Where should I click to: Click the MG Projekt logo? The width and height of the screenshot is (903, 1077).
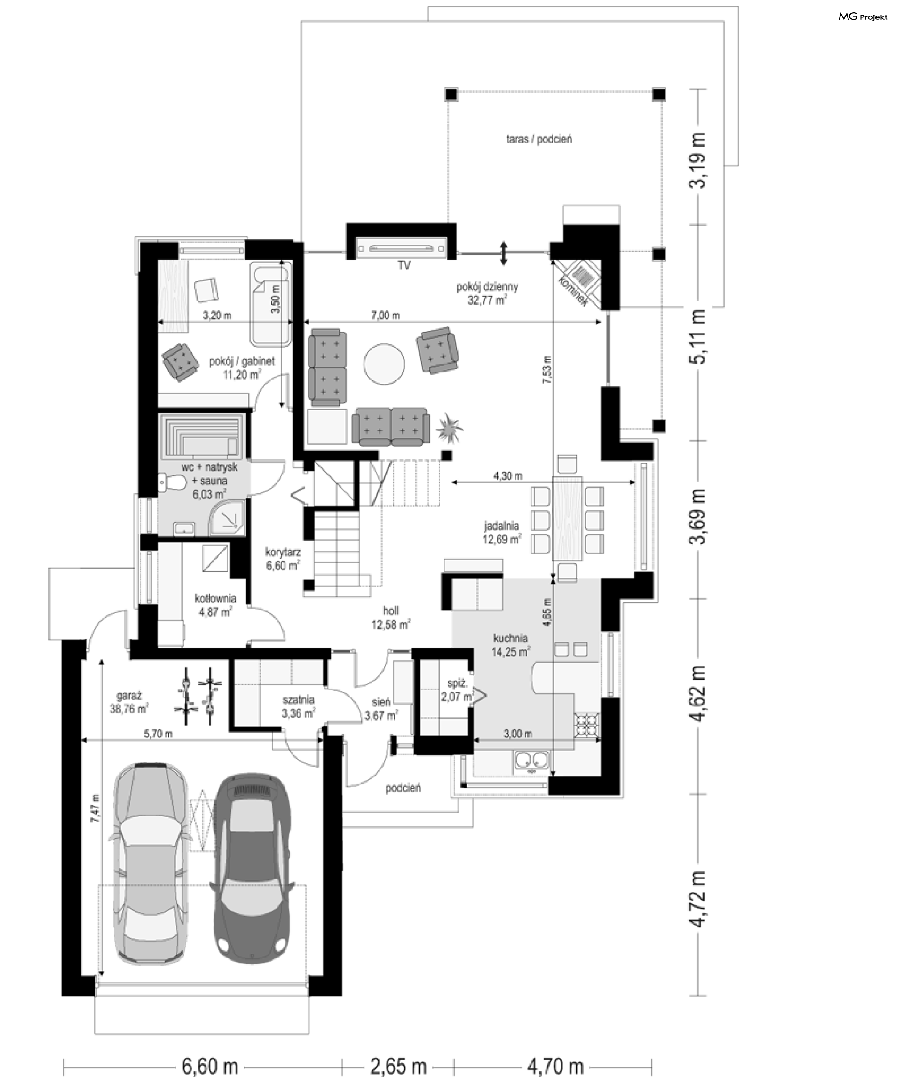point(863,17)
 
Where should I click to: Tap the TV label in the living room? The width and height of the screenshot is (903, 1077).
point(404,266)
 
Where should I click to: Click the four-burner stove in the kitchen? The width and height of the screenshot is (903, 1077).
point(586,724)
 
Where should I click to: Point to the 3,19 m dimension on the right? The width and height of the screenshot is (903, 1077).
point(698,160)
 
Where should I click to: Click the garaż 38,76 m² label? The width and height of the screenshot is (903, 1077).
point(129,702)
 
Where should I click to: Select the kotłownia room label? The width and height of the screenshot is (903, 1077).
point(215,605)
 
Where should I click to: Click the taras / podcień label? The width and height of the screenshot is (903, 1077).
point(539,139)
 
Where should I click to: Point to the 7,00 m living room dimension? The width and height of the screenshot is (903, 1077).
point(386,316)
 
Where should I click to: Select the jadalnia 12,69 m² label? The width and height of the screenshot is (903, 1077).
point(502,532)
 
